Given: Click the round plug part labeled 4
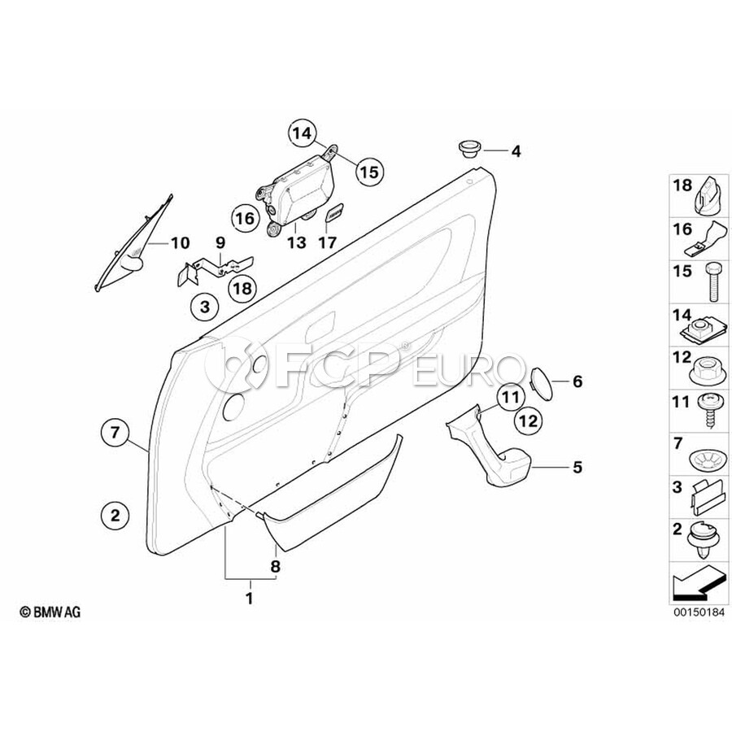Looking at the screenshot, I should (468, 149).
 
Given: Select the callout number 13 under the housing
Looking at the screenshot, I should (295, 242).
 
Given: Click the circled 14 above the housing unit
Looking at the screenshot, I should (302, 132).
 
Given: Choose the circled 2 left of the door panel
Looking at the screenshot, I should (115, 514).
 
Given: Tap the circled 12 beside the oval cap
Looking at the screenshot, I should (528, 421).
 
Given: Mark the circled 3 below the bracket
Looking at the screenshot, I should (204, 307).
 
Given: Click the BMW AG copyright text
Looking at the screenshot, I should (49, 612).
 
